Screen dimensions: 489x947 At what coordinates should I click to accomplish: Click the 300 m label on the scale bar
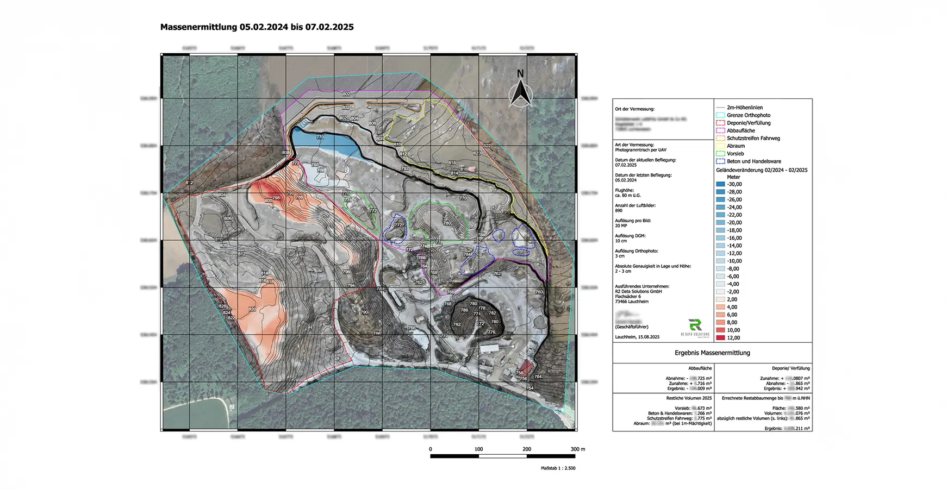pyautogui.click(x=577, y=449)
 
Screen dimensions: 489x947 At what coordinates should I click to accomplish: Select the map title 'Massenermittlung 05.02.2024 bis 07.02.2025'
pyautogui.click(x=257, y=27)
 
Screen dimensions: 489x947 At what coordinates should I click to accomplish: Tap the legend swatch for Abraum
pyautogui.click(x=720, y=146)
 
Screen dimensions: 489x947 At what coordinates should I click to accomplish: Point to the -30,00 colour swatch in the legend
pyautogui.click(x=720, y=184)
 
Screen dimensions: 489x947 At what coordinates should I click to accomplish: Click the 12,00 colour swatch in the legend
pyautogui.click(x=720, y=338)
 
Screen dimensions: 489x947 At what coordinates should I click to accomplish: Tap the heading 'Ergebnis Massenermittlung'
pyautogui.click(x=712, y=353)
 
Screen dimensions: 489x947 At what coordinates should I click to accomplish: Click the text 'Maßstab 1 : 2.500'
pyautogui.click(x=558, y=468)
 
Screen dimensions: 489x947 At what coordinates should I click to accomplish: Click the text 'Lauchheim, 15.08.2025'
pyautogui.click(x=637, y=337)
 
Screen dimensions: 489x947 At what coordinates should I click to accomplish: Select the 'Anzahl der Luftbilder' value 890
pyautogui.click(x=619, y=210)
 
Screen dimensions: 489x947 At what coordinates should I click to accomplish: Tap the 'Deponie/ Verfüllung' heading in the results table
pyautogui.click(x=790, y=368)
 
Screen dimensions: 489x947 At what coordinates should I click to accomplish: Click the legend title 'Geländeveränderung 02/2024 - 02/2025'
pyautogui.click(x=762, y=170)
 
